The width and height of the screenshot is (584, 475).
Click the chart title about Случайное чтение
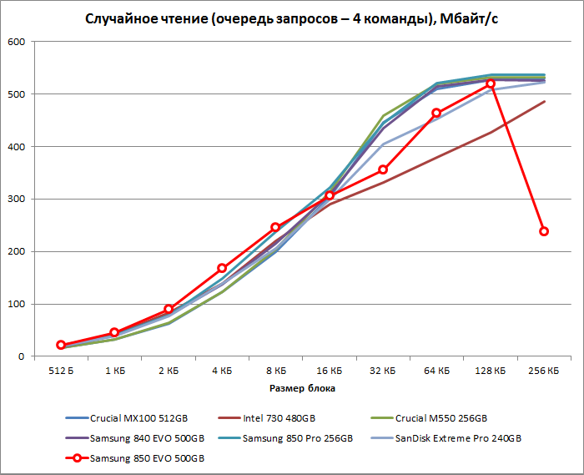click(x=291, y=18)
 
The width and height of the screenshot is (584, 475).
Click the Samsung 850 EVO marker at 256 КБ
click(x=544, y=231)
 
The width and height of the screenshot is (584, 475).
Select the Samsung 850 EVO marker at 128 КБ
click(x=491, y=83)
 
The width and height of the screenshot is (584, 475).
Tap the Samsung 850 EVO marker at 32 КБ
click(x=383, y=170)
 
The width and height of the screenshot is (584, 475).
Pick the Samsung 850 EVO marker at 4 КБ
click(x=222, y=269)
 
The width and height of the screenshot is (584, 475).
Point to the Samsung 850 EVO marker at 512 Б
click(x=61, y=345)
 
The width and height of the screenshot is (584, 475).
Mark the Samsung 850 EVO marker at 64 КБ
click(x=436, y=113)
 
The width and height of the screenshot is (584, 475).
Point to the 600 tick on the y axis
click(x=16, y=42)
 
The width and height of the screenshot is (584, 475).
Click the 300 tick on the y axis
click(x=16, y=200)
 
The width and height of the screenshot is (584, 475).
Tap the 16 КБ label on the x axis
click(x=330, y=370)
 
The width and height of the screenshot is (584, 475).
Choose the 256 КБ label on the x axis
click(x=544, y=370)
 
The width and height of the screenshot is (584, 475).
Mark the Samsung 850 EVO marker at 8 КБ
click(x=276, y=227)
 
